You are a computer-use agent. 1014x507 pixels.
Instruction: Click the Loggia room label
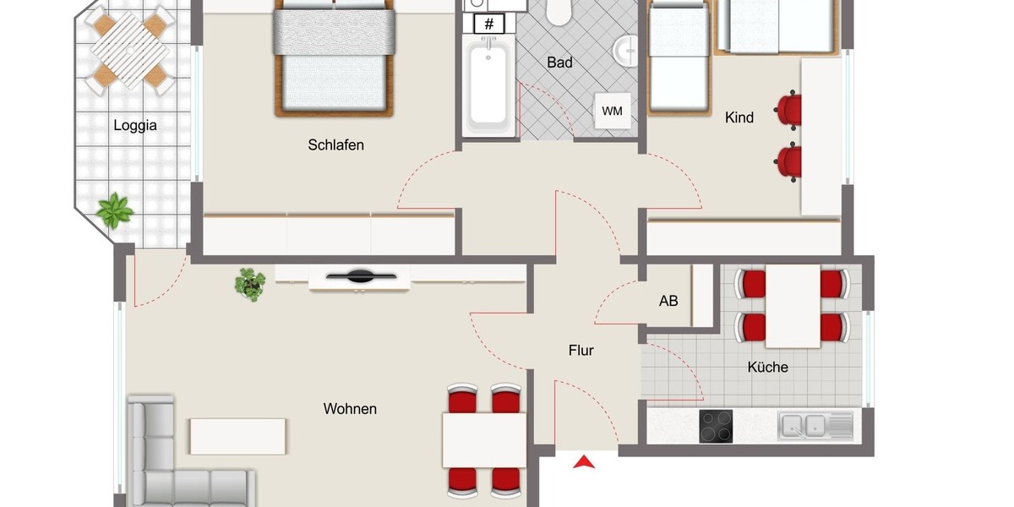[135, 126]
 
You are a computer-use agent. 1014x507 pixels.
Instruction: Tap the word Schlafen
[335, 145]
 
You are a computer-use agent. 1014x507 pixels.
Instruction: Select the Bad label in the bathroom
[559, 63]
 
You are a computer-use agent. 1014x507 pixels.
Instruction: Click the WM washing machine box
[613, 111]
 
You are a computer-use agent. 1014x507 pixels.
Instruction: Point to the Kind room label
[739, 118]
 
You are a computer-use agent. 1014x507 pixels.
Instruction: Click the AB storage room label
[668, 301]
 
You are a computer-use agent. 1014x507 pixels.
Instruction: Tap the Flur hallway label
[581, 350]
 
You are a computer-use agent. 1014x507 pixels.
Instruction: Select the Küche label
[767, 368]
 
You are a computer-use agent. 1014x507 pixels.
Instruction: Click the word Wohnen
[350, 409]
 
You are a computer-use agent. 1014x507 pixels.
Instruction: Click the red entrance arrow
[584, 461]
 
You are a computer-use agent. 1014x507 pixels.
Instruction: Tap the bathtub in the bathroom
[488, 84]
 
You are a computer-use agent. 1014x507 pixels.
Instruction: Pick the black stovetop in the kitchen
[717, 426]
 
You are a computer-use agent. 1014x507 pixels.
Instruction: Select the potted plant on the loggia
[114, 210]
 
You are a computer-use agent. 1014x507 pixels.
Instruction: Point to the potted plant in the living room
[249, 283]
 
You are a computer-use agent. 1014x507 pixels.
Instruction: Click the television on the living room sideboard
[361, 275]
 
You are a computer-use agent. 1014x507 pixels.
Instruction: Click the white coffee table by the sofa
[237, 436]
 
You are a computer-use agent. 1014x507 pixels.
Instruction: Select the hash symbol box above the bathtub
[489, 24]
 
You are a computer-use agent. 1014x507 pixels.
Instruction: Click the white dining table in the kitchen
[793, 305]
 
